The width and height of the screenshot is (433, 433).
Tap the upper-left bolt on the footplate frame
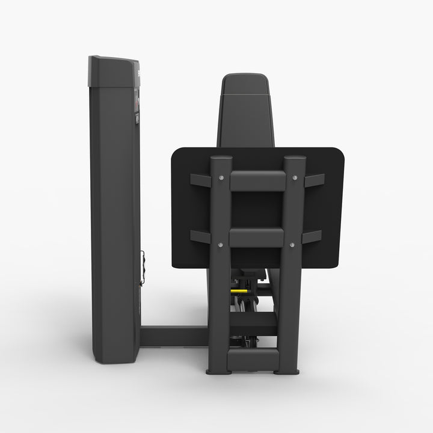click(x=221, y=177)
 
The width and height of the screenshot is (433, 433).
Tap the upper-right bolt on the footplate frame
click(x=295, y=177)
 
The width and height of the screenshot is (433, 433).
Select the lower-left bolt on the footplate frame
click(x=220, y=244)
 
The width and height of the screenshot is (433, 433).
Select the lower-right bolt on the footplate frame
click(x=292, y=244)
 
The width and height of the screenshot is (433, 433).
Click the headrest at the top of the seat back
click(x=244, y=84)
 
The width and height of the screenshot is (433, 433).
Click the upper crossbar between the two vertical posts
click(x=257, y=181)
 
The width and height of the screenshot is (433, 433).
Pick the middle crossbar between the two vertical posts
click(x=257, y=237)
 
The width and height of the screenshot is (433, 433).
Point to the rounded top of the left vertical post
click(x=221, y=159)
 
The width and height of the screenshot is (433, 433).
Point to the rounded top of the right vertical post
click(x=295, y=159)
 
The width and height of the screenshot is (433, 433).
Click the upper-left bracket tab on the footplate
click(x=200, y=180)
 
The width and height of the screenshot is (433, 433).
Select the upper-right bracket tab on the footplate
click(x=315, y=180)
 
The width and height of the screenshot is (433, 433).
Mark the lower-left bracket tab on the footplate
click(x=200, y=236)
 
